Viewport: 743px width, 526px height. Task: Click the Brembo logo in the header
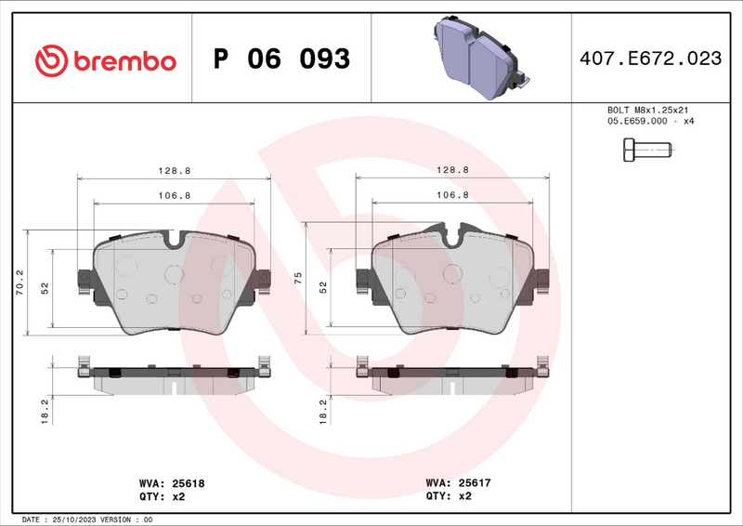[x=105, y=59]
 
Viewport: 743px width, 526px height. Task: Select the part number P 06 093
[x=281, y=59]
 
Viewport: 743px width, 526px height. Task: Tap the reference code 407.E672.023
[x=650, y=59]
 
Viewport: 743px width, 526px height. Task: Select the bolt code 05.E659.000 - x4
[x=649, y=122]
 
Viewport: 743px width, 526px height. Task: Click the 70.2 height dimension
[x=20, y=282]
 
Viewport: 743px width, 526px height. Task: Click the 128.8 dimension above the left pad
[x=174, y=171]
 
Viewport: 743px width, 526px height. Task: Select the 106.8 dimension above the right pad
[x=452, y=195]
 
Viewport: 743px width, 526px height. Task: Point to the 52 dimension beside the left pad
[x=45, y=288]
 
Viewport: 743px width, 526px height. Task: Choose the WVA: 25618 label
[x=171, y=483]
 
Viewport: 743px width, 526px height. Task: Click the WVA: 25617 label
[x=458, y=483]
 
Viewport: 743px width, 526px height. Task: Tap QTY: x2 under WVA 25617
[x=449, y=496]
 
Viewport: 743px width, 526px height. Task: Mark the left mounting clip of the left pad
[x=84, y=280]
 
